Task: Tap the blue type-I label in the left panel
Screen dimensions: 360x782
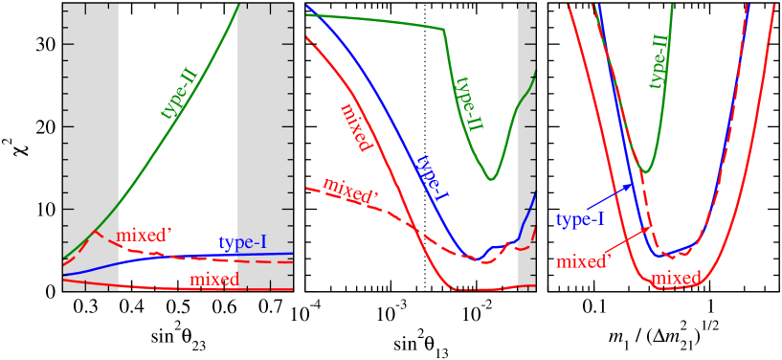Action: [242, 243]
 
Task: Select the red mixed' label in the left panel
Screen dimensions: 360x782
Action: [144, 236]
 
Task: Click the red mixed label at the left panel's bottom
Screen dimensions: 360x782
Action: [214, 280]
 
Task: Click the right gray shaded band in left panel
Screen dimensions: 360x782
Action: [265, 144]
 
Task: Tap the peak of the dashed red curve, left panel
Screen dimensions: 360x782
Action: [95, 232]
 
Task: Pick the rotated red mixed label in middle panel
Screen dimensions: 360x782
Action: [355, 127]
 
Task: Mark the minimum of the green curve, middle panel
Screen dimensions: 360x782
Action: [491, 179]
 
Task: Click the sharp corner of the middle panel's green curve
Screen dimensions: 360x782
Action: [443, 30]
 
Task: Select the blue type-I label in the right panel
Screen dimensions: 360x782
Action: [580, 220]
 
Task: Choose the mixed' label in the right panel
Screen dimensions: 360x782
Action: [584, 261]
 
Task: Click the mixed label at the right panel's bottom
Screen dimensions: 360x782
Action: [676, 279]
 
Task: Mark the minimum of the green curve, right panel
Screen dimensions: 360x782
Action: [648, 172]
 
